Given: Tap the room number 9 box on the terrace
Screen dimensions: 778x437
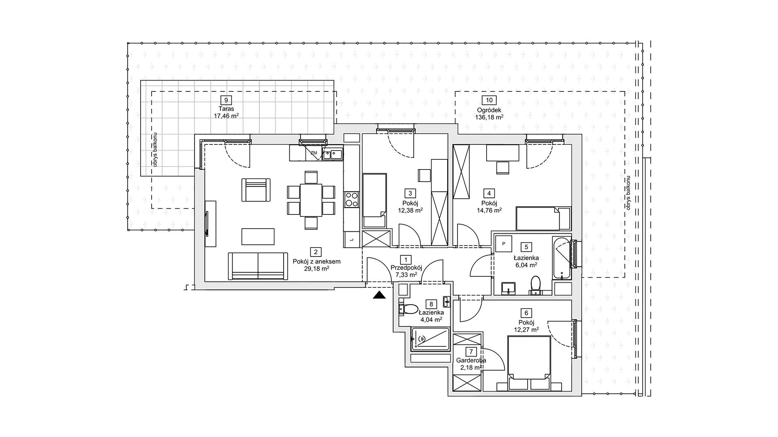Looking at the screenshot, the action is click(226, 100).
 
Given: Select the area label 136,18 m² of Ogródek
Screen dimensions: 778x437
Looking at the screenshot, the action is click(489, 117).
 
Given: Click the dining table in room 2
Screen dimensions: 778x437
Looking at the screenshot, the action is click(311, 200).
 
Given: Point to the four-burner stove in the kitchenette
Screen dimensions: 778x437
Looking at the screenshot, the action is click(351, 199).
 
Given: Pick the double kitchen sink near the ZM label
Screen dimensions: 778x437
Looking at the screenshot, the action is click(333, 154).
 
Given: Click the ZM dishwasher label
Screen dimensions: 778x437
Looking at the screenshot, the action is click(314, 153).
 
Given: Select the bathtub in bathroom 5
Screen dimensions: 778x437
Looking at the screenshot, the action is click(562, 258).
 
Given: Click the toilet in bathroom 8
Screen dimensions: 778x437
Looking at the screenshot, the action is click(408, 310).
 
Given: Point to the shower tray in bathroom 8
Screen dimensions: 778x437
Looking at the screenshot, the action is click(430, 339).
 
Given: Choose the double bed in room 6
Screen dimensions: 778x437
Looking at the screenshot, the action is click(529, 363).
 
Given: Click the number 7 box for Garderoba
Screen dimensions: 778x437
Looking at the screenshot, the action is click(471, 352).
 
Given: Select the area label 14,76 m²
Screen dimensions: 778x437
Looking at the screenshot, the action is click(489, 210).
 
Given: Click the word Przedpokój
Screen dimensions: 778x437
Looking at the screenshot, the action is click(406, 267).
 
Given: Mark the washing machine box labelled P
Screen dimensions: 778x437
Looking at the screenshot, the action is click(504, 244).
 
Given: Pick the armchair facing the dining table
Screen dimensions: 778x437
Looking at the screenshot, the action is click(256, 190).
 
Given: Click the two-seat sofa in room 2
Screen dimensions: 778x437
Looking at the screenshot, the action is click(258, 266).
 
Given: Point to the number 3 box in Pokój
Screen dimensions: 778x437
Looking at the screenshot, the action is click(410, 193).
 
